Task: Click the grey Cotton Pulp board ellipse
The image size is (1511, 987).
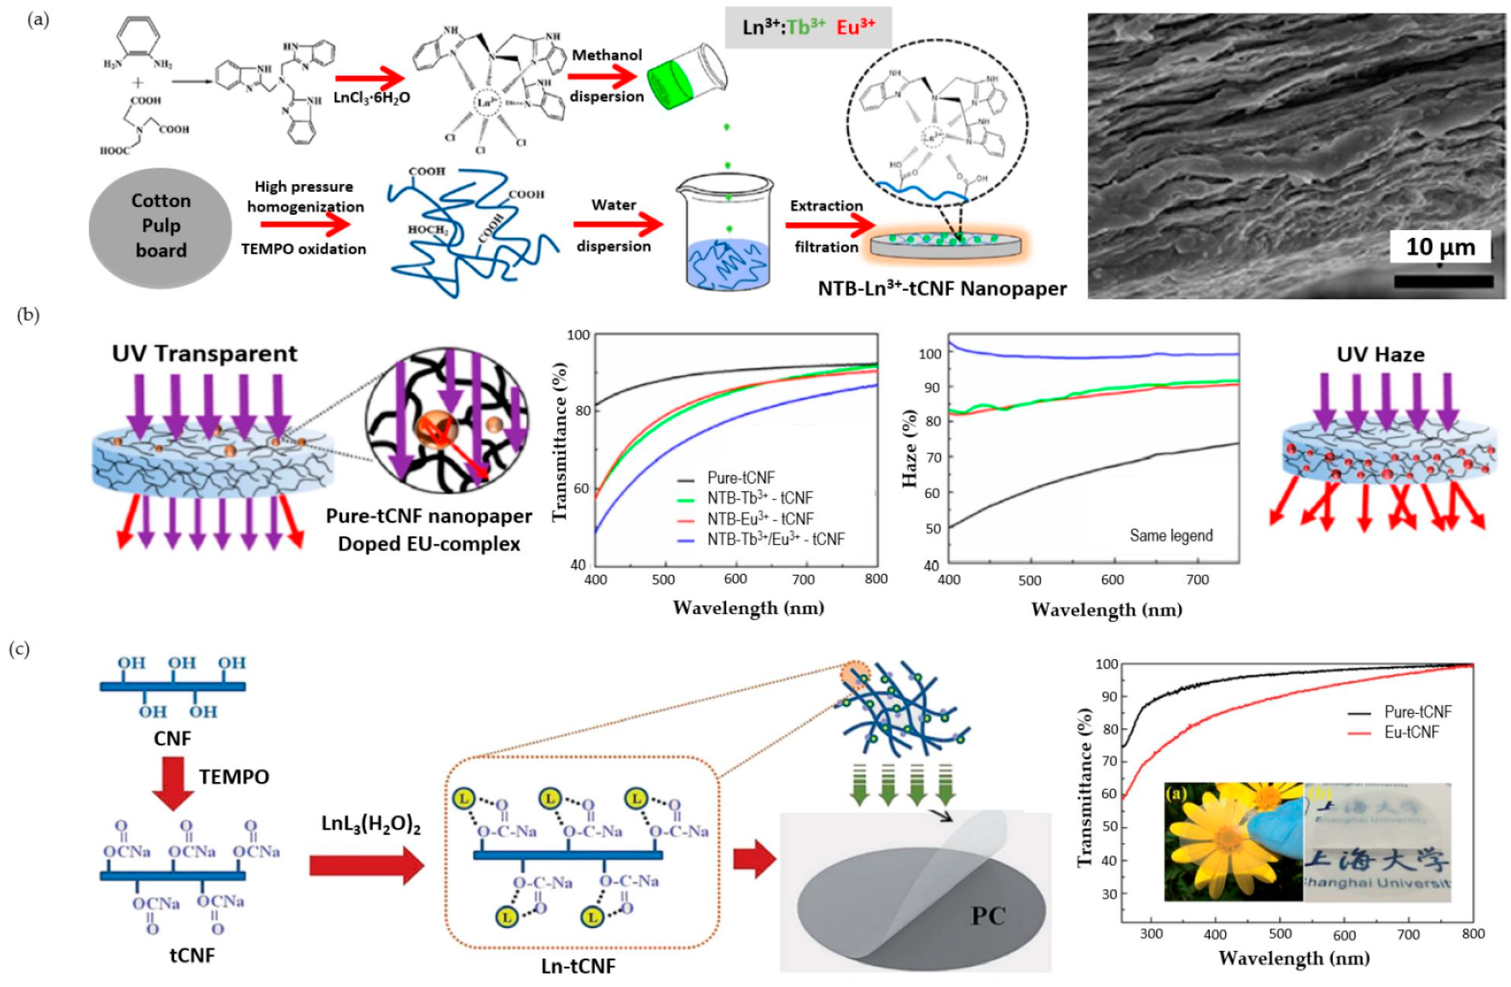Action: coord(161,227)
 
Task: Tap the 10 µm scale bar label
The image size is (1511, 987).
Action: coord(1440,247)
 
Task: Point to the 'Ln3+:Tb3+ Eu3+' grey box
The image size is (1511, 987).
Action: coord(808,27)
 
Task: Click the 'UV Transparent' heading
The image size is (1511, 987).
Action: coord(205,354)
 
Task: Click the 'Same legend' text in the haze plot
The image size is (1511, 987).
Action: coord(1171,536)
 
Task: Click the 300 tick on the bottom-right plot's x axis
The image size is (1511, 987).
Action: coord(1151,934)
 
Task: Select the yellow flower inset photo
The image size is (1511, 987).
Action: coord(1233,841)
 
